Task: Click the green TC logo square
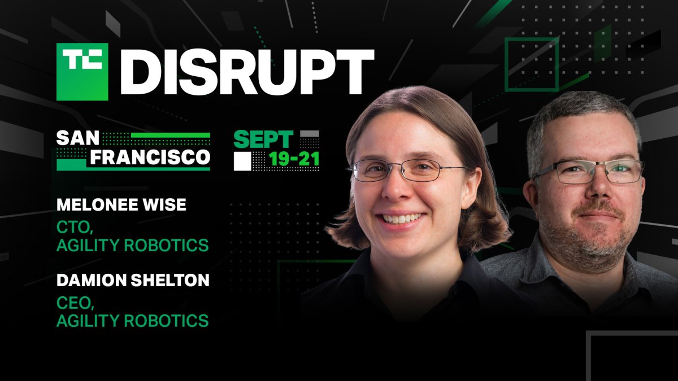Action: click(82, 72)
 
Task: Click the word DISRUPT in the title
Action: click(247, 72)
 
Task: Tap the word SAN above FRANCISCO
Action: click(78, 138)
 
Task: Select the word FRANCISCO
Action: click(150, 157)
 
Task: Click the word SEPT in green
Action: click(263, 139)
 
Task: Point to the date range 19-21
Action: click(294, 159)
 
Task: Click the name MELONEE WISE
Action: click(121, 205)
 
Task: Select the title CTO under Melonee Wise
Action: click(75, 227)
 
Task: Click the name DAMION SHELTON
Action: click(133, 281)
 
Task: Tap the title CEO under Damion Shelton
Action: click(75, 303)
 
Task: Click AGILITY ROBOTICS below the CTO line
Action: click(133, 245)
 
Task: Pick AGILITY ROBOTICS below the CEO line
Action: click(133, 321)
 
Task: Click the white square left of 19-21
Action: click(242, 161)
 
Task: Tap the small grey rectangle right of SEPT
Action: click(310, 134)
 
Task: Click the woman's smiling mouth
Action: click(401, 218)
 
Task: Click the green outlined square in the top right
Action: click(532, 64)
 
